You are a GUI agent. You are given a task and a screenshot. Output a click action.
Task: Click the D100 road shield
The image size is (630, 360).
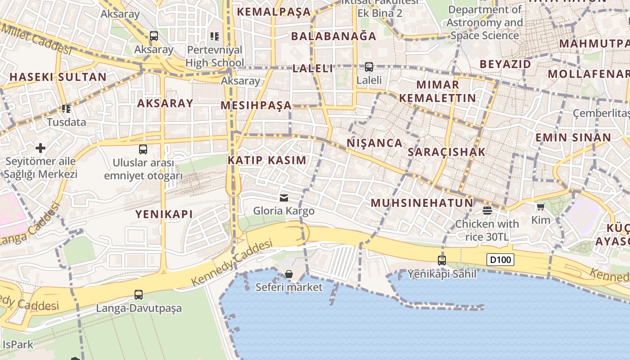500,260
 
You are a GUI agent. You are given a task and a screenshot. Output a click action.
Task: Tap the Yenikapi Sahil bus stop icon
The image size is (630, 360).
442,260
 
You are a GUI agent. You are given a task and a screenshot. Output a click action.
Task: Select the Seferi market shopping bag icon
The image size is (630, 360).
289,274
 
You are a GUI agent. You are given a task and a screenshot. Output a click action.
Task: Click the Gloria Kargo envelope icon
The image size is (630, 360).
283,198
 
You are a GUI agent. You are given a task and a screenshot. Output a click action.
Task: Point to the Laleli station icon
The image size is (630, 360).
369,67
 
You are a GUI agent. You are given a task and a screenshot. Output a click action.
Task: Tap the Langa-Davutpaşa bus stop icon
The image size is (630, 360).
139,295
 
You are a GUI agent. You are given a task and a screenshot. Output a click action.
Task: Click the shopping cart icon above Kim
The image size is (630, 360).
540,207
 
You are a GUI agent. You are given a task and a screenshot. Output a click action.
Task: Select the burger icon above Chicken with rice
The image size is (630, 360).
487,210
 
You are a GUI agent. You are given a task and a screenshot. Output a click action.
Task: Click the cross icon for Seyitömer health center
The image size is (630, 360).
40,148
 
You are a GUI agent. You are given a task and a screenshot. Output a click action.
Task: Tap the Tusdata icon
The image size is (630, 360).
66,108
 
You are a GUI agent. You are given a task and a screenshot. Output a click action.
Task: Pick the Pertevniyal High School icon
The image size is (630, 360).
215,36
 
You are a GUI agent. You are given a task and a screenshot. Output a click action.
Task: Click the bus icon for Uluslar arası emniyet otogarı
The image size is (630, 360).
143,149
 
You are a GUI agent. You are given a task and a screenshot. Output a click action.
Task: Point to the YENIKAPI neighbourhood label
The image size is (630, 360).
164,214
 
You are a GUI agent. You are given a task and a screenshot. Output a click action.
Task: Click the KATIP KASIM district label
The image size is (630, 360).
267,160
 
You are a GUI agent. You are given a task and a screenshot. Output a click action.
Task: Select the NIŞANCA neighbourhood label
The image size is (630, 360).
374,143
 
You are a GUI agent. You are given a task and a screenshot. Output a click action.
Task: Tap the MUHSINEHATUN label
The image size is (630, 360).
422,203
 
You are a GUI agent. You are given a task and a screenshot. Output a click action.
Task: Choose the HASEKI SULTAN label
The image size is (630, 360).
58,77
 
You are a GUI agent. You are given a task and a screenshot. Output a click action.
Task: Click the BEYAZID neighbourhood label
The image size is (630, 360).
505,64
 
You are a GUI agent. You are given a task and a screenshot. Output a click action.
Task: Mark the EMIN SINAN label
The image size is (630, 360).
573,138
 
